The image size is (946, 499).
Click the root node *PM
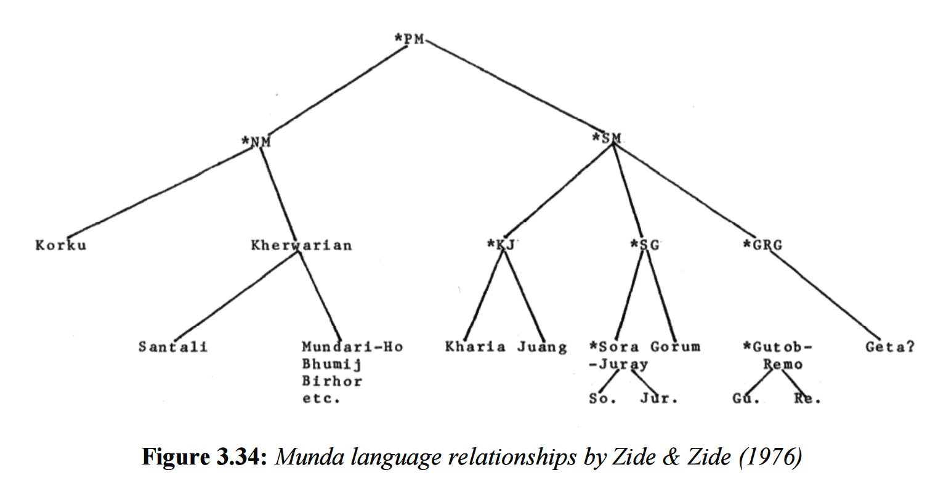[x=410, y=39]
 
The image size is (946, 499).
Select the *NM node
[x=256, y=142]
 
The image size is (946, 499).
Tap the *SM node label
[x=607, y=138]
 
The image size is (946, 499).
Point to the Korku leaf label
[x=61, y=245]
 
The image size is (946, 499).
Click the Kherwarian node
[x=301, y=245]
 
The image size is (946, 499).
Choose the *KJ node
[x=500, y=245]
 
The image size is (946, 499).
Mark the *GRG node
[x=762, y=245]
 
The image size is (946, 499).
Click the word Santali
[x=173, y=347]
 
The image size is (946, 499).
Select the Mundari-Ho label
[x=352, y=347]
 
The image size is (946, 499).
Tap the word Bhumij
[x=331, y=364]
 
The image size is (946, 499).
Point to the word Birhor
[x=332, y=381]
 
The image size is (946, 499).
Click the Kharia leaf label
[x=475, y=347]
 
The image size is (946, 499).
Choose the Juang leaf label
[x=542, y=347]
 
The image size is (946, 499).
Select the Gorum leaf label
[x=676, y=347]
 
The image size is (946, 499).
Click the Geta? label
[x=890, y=347]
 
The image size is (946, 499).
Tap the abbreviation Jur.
[x=658, y=399]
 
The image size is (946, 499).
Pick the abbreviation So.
[x=602, y=399]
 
